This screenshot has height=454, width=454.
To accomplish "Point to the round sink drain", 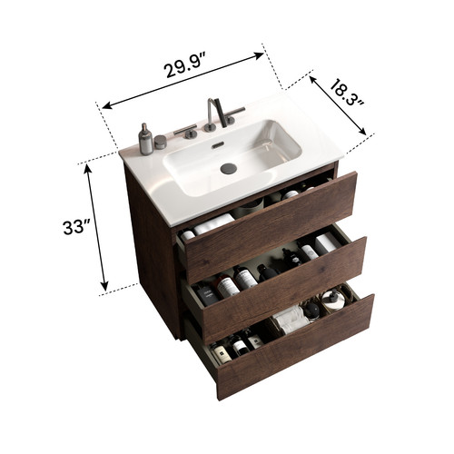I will coord(228,168).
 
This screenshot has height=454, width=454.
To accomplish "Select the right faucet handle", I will coord(234,114).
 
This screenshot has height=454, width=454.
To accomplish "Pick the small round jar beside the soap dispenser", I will coord(161,142).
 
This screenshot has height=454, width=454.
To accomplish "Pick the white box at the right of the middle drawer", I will coord(328,242).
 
